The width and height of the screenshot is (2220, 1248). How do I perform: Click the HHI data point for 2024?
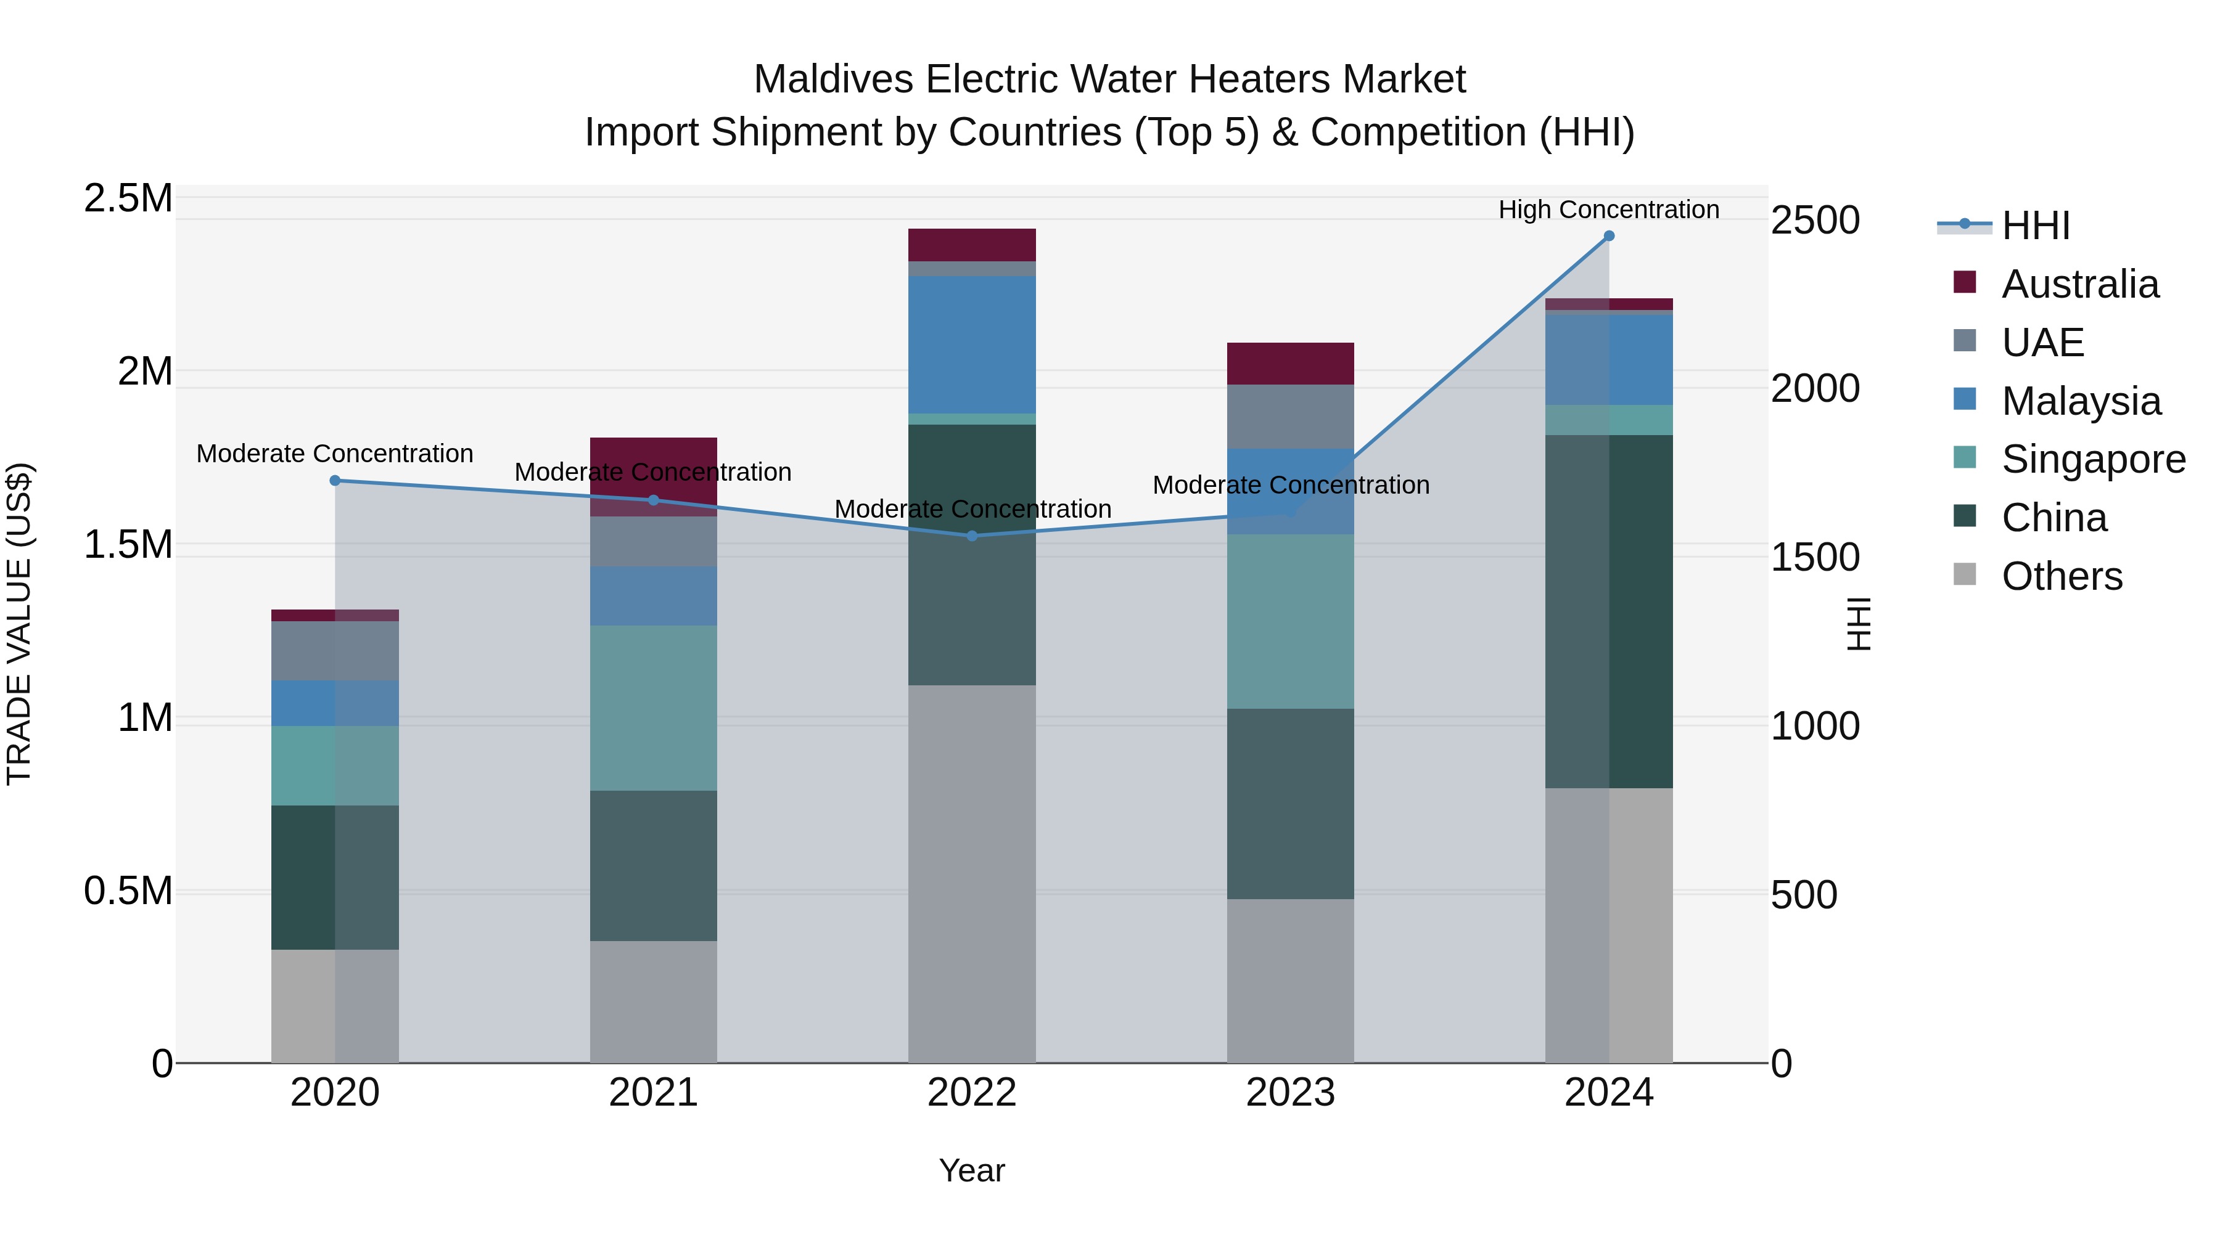pyautogui.click(x=1608, y=236)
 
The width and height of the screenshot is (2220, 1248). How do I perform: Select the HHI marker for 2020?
pyautogui.click(x=335, y=481)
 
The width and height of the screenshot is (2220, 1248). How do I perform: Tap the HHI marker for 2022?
pyautogui.click(x=972, y=536)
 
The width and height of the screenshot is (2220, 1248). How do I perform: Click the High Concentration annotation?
pyautogui.click(x=1608, y=210)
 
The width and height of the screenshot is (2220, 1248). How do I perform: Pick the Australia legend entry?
pyautogui.click(x=2079, y=284)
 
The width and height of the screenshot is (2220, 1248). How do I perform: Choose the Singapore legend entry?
pyautogui.click(x=2092, y=459)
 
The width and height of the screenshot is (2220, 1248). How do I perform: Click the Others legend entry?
pyautogui.click(x=2062, y=576)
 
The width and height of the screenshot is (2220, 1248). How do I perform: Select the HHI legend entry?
pyautogui.click(x=2035, y=226)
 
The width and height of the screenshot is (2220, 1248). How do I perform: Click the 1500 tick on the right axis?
pyautogui.click(x=1815, y=557)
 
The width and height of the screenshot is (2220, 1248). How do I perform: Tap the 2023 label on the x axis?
pyautogui.click(x=1290, y=1093)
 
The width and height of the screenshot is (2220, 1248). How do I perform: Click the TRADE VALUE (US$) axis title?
pyautogui.click(x=19, y=624)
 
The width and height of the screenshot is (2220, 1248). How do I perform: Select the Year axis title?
pyautogui.click(x=971, y=1170)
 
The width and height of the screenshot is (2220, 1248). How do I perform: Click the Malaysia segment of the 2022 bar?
pyautogui.click(x=972, y=345)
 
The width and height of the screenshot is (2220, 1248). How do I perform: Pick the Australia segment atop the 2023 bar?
pyautogui.click(x=1290, y=364)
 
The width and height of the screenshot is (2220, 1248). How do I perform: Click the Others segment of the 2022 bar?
pyautogui.click(x=972, y=873)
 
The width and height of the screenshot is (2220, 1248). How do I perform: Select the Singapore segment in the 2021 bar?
pyautogui.click(x=653, y=708)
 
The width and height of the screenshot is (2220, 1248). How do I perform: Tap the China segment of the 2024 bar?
pyautogui.click(x=1608, y=611)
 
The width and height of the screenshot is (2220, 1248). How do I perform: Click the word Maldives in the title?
pyautogui.click(x=832, y=80)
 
